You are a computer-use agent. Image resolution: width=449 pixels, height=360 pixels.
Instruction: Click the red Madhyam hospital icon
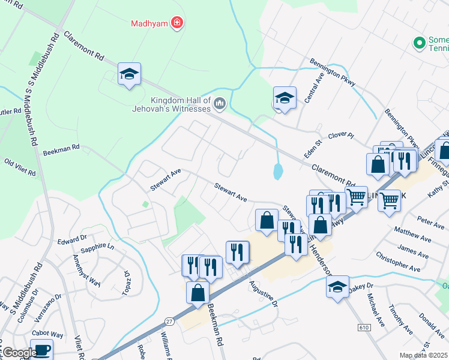tap(177, 23)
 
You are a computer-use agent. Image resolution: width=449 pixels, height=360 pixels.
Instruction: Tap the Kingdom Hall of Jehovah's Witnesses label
tap(172, 104)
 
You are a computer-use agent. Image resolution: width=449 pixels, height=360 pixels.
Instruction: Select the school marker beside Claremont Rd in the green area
tap(129, 74)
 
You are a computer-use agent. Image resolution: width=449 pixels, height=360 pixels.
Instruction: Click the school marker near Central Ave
tap(285, 98)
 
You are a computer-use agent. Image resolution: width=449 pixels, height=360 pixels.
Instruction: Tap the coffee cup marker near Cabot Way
tap(41, 350)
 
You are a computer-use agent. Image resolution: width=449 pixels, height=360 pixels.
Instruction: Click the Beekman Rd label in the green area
tap(61, 149)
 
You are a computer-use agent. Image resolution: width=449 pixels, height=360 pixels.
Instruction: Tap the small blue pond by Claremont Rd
tap(278, 172)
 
